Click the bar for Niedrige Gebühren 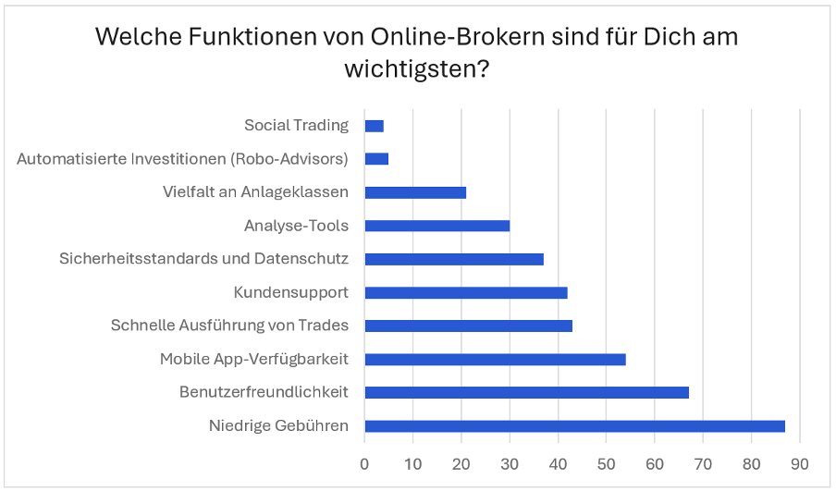pyautogui.click(x=574, y=426)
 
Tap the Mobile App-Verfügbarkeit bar pyautogui.click(x=495, y=359)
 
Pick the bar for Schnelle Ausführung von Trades pyautogui.click(x=468, y=326)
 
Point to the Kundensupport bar pyautogui.click(x=466, y=292)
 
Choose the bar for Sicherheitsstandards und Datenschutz pyautogui.click(x=454, y=259)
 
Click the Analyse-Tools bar pyautogui.click(x=436, y=226)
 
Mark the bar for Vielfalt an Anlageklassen pyautogui.click(x=415, y=192)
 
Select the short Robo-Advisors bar pyautogui.click(x=376, y=159)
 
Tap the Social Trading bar pyautogui.click(x=374, y=126)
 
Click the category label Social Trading pyautogui.click(x=296, y=126)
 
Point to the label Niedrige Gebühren pyautogui.click(x=278, y=426)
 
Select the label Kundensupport pyautogui.click(x=291, y=292)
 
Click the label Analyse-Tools pyautogui.click(x=296, y=226)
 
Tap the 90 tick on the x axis pyautogui.click(x=800, y=462)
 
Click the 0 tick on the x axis pyautogui.click(x=364, y=462)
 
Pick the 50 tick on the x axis pyautogui.click(x=607, y=462)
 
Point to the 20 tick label pyautogui.click(x=461, y=462)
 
